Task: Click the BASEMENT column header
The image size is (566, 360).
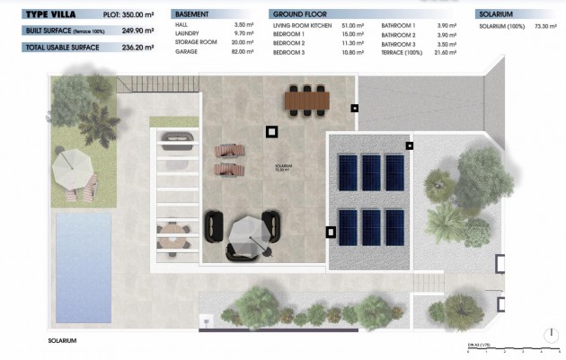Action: coord(192,15)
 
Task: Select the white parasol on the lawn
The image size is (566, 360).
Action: coord(73,165)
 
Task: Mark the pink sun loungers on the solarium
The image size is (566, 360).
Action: coord(228,160)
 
